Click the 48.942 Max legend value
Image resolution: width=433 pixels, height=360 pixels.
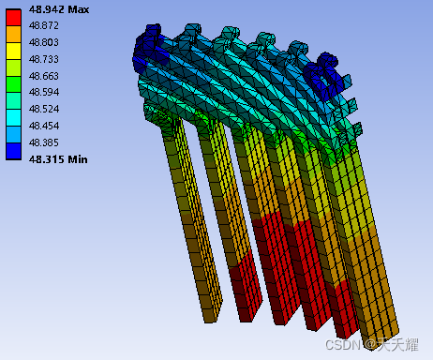[59, 9]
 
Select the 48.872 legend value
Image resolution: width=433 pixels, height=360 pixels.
[44, 25]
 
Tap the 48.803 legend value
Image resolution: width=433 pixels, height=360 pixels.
[44, 42]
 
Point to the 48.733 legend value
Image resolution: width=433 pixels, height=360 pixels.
[44, 59]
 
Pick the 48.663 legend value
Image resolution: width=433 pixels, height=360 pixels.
[44, 76]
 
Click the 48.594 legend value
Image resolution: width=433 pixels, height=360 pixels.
[44, 92]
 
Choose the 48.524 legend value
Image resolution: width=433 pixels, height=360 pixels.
[44, 109]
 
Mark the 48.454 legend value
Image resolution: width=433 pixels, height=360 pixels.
[44, 126]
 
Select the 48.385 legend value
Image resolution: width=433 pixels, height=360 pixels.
[44, 142]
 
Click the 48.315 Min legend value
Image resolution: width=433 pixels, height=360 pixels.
[58, 159]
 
